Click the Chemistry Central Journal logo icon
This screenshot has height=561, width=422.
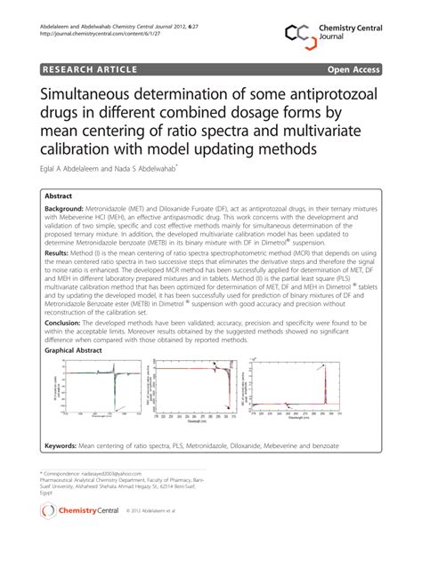(296, 34)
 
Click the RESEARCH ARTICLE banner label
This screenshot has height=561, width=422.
(86, 68)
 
